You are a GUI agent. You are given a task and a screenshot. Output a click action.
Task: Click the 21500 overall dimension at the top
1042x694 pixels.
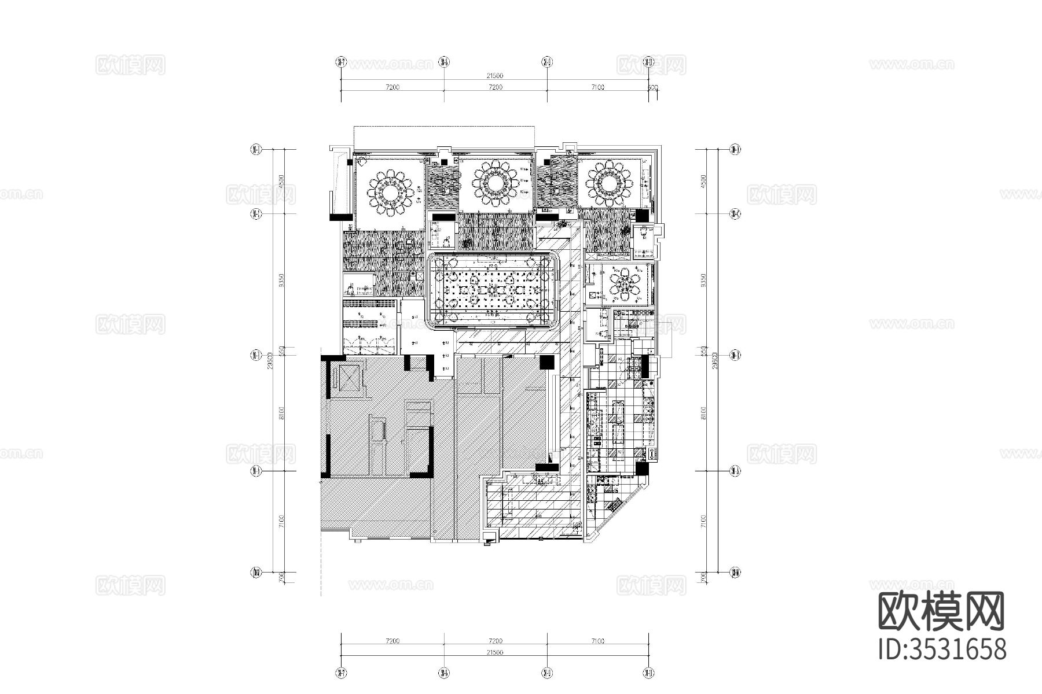coord(494,76)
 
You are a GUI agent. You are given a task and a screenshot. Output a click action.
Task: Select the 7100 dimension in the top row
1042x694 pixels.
coord(597,87)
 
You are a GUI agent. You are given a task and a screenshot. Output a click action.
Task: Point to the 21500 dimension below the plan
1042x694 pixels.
coord(494,652)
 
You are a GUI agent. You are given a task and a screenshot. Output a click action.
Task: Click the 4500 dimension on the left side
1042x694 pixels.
coord(281,181)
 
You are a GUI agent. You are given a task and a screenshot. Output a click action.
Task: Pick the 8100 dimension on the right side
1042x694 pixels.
coord(703,412)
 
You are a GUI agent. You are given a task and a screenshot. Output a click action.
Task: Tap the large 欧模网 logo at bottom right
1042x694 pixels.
coord(941,612)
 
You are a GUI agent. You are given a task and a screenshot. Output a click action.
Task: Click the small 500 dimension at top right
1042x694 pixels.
coord(654,87)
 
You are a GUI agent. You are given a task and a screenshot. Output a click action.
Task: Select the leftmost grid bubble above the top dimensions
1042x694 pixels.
coord(341,61)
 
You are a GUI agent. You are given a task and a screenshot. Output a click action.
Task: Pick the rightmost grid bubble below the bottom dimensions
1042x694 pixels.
coord(649,673)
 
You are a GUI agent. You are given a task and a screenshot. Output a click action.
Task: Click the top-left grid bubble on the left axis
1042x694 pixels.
coord(255,150)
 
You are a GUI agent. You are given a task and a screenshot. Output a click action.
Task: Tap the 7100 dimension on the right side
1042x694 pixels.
coord(703,522)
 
